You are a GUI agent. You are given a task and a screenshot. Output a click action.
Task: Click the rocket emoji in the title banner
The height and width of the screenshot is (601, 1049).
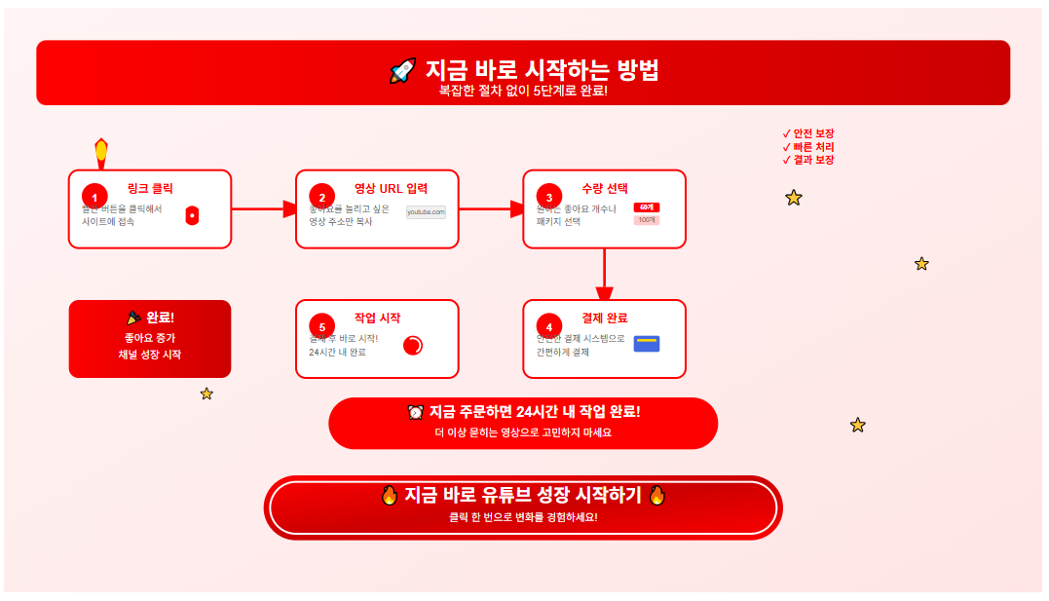pyautogui.click(x=402, y=71)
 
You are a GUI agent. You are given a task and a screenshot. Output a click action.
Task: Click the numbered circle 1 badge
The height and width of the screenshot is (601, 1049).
pyautogui.click(x=94, y=197)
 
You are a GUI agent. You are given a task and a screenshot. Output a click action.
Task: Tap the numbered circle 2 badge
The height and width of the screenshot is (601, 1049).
pyautogui.click(x=321, y=197)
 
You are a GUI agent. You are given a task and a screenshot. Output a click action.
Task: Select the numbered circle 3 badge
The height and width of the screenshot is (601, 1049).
pyautogui.click(x=548, y=197)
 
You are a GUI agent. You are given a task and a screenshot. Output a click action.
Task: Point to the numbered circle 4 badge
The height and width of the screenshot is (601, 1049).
pyautogui.click(x=548, y=326)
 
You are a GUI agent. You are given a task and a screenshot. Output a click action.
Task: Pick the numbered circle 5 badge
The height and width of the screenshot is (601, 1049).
pyautogui.click(x=321, y=326)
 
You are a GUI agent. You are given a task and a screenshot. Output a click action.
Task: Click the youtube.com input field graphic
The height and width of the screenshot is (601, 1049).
pyautogui.click(x=426, y=211)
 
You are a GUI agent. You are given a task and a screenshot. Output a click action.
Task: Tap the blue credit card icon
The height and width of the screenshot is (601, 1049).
pyautogui.click(x=647, y=343)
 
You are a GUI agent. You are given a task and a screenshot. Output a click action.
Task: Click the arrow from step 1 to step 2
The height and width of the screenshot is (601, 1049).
pyautogui.click(x=264, y=208)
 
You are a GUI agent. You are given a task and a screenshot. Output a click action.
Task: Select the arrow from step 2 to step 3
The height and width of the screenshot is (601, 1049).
pyautogui.click(x=491, y=208)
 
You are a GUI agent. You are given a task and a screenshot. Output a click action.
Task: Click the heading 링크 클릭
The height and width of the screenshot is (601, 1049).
pyautogui.click(x=150, y=189)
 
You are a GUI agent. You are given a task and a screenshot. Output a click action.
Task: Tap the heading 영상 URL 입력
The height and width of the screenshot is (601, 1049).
pyautogui.click(x=391, y=189)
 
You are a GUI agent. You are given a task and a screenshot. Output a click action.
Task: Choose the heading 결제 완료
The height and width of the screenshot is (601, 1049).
pyautogui.click(x=604, y=318)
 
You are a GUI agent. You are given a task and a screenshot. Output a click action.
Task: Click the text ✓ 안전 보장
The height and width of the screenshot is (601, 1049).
pyautogui.click(x=808, y=133)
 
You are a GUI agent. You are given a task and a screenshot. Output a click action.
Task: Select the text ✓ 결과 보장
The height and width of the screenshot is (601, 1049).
pyautogui.click(x=808, y=160)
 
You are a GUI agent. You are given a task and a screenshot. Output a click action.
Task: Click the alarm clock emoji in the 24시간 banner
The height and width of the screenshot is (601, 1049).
pyautogui.click(x=416, y=412)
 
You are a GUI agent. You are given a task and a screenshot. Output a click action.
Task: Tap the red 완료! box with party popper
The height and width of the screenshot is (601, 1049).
pyautogui.click(x=150, y=338)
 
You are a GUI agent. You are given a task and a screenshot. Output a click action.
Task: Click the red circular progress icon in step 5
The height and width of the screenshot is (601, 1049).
pyautogui.click(x=413, y=346)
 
